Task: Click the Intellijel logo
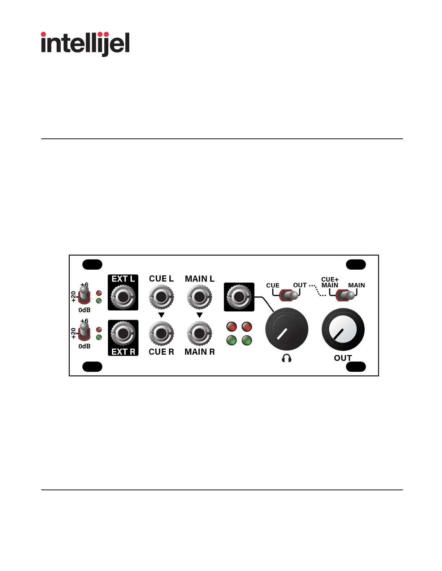(85, 44)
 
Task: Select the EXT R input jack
(123, 333)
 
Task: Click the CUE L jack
(161, 297)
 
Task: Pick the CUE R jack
(161, 333)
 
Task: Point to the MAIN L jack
(199, 297)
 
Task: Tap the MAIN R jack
(199, 333)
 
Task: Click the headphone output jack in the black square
(239, 297)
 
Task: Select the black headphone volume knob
(286, 329)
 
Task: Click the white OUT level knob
(343, 329)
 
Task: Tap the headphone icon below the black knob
(286, 358)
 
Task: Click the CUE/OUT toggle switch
(289, 295)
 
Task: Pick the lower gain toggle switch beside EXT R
(84, 331)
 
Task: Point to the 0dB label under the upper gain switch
(84, 310)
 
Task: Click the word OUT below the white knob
(343, 358)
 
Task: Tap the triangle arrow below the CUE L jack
(161, 315)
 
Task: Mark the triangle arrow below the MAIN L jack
(199, 315)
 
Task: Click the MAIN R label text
(199, 352)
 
